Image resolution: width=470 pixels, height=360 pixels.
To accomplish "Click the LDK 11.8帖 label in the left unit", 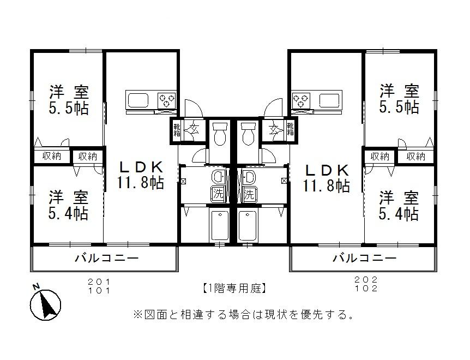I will [140, 175].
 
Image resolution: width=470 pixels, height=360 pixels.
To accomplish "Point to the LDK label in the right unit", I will [327, 170].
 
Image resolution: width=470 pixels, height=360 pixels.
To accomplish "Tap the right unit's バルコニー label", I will [365, 258].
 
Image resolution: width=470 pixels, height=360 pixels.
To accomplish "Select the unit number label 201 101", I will [100, 286].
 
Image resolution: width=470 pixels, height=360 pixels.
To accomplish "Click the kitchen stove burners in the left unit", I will [167, 100].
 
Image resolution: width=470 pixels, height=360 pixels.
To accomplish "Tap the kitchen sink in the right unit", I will [330, 100].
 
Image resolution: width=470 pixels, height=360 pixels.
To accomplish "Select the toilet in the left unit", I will [220, 134].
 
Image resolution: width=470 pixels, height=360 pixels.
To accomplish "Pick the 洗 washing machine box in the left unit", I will [218, 193].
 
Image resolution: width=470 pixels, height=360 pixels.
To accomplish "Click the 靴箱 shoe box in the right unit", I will [290, 129].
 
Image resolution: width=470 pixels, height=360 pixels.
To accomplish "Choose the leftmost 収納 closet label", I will [52, 157].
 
